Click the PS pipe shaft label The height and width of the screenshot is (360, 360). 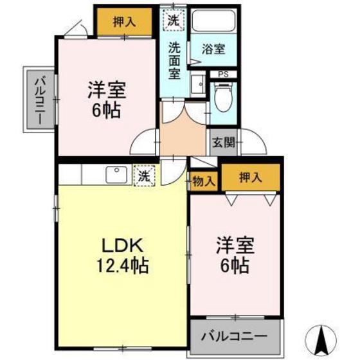click(x=223, y=74)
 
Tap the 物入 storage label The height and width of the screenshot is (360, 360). click(x=204, y=182)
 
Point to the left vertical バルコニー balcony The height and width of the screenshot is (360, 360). click(x=39, y=100)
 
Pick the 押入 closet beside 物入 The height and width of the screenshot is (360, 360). click(x=250, y=177)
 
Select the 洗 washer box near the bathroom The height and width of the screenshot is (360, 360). click(x=174, y=19)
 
